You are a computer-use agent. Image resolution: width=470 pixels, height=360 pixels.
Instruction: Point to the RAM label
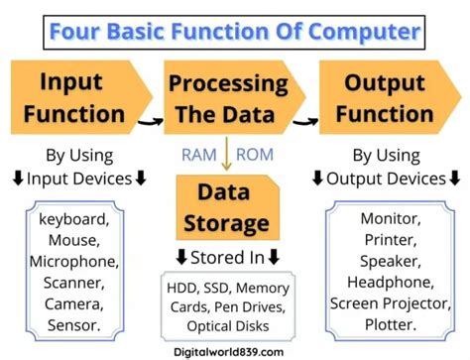[200, 154]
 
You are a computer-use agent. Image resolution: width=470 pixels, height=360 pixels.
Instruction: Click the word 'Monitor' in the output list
[388, 217]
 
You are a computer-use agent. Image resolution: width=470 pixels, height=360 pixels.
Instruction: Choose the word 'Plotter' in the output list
[388, 325]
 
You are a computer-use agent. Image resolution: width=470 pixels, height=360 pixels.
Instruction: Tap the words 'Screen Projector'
[388, 303]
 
